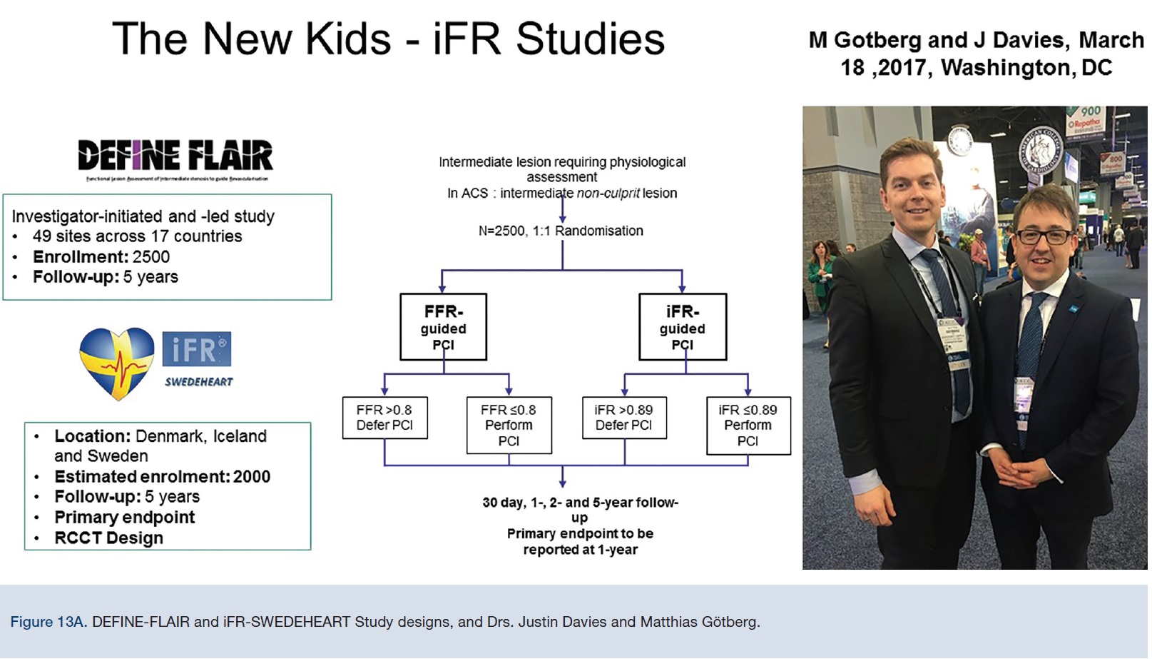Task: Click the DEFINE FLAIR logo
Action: (175, 156)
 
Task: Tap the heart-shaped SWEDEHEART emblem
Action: (116, 363)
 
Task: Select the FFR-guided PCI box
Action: (443, 327)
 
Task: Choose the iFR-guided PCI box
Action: (682, 327)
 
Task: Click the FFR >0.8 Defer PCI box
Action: (384, 418)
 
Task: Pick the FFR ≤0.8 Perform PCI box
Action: (509, 426)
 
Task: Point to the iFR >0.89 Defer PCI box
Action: (624, 418)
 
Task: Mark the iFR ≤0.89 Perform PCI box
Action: (748, 426)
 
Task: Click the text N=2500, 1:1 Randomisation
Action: (561, 231)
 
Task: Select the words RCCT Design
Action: (108, 538)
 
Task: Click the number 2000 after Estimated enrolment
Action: (251, 477)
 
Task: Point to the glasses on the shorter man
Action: (1043, 236)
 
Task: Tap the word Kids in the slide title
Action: (347, 39)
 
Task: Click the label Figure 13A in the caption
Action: (49, 622)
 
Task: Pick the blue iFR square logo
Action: (196, 350)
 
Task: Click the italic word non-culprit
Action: (608, 193)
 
